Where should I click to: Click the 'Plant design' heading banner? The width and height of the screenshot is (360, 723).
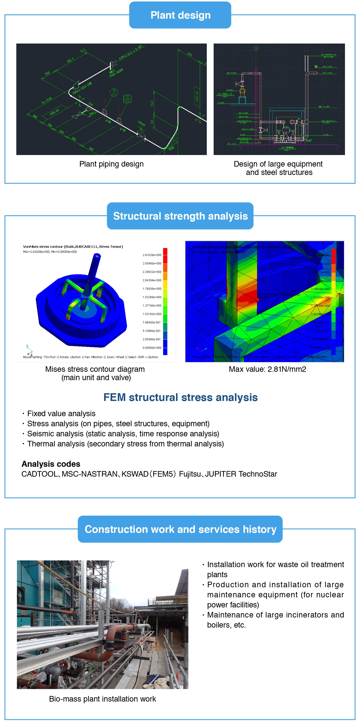click(180, 15)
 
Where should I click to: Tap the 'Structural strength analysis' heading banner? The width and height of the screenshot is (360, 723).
click(180, 216)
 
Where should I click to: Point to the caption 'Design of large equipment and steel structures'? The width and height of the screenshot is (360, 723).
click(278, 168)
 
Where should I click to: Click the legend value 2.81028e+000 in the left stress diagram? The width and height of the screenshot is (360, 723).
click(152, 255)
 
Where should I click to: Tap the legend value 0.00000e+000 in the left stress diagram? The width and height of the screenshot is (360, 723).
click(152, 348)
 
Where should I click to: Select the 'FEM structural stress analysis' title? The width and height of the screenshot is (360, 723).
click(180, 398)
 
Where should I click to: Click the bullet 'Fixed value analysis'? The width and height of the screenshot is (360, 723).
click(61, 413)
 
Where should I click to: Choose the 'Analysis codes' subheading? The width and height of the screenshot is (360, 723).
click(51, 464)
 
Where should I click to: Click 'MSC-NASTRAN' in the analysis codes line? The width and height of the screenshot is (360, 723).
click(90, 474)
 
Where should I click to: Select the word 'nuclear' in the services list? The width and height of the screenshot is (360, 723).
click(330, 595)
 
